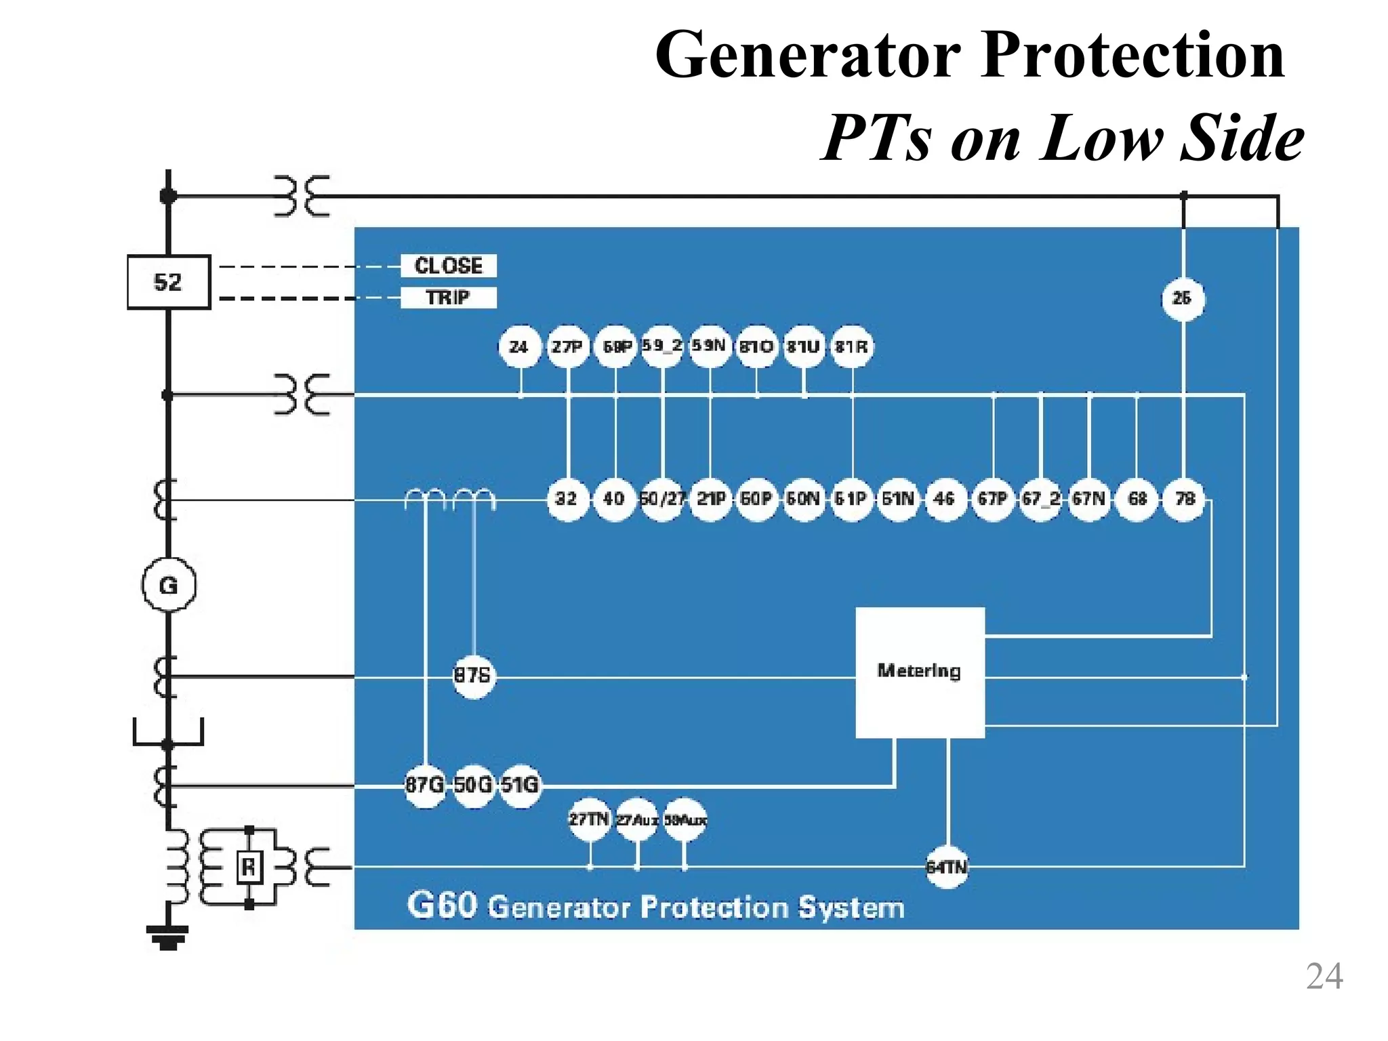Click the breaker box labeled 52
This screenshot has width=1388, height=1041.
168,282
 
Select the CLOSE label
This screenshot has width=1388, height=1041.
448,266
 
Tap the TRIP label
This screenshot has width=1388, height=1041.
448,298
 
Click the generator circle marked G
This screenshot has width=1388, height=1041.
168,585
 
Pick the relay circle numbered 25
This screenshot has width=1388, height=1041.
1183,298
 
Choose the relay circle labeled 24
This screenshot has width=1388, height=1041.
519,347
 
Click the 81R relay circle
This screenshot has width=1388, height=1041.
851,347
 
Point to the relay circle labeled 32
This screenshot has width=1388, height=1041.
567,499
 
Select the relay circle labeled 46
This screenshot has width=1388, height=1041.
945,499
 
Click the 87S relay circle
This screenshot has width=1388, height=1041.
472,676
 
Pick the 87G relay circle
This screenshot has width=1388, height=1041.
425,785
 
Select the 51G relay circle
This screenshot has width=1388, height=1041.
520,785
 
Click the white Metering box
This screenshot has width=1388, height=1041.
919,672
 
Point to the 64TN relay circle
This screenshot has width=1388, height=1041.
947,867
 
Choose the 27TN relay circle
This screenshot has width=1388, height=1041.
589,820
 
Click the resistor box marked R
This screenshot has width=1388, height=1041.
249,866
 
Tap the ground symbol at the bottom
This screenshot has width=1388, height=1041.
167,937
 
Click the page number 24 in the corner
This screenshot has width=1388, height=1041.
1324,977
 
